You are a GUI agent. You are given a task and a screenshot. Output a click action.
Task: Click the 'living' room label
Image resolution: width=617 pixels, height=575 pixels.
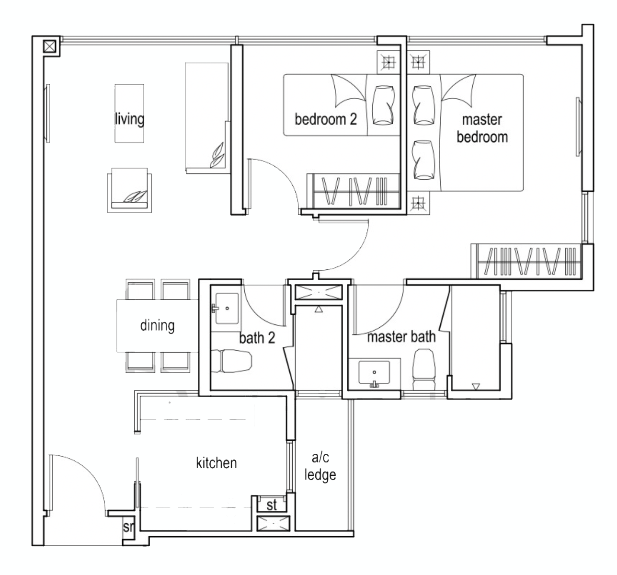click(129, 118)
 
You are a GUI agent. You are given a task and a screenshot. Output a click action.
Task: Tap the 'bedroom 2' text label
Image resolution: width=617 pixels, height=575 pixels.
click(325, 119)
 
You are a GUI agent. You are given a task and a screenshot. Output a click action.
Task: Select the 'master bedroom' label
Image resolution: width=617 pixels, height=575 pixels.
click(481, 128)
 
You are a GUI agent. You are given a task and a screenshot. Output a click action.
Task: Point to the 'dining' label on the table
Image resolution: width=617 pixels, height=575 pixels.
click(157, 325)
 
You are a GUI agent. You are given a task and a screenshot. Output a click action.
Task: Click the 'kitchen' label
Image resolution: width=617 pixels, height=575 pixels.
click(216, 463)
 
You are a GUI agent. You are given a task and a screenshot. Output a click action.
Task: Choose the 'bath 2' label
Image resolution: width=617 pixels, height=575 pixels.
click(257, 338)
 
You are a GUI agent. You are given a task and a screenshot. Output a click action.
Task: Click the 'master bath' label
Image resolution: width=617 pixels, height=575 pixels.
click(401, 337)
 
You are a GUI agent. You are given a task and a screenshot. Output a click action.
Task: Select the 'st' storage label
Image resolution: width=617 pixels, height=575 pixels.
click(272, 505)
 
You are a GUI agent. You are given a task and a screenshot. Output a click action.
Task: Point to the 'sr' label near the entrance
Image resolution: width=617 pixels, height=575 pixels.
click(128, 528)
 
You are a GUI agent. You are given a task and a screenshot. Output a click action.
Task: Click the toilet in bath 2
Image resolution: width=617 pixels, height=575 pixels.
click(232, 361)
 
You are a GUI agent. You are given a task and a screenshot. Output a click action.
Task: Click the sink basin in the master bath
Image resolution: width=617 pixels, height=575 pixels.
click(375, 373)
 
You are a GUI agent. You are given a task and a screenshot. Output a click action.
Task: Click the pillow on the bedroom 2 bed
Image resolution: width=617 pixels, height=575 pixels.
click(383, 105)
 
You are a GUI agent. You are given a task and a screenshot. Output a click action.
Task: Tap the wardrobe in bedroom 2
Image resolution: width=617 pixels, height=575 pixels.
click(354, 192)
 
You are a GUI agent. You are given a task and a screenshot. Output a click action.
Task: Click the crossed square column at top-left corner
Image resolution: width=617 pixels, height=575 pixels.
click(50, 46)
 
